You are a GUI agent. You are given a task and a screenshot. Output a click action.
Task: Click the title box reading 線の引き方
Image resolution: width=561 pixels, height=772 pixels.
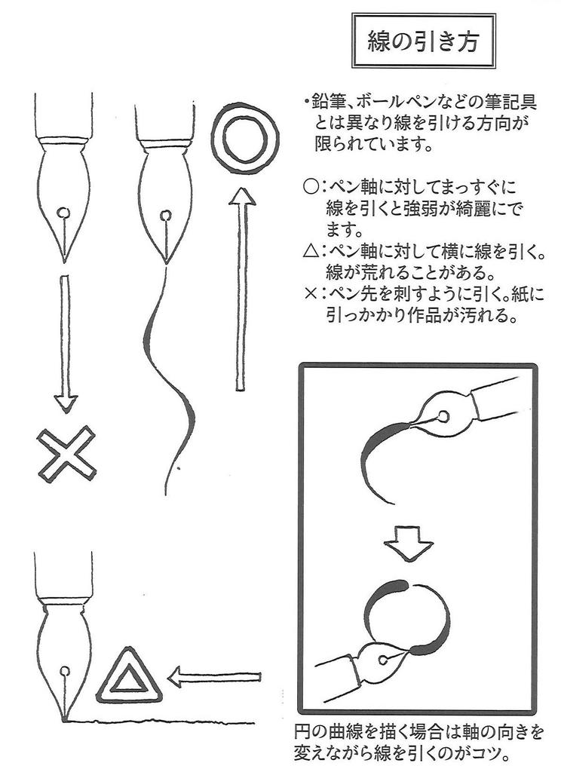[x=425, y=41]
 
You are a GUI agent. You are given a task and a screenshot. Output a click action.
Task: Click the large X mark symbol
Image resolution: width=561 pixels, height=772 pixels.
[x=67, y=454]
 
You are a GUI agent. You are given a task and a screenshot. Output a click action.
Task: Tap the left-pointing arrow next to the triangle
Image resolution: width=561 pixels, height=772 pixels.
[x=215, y=676]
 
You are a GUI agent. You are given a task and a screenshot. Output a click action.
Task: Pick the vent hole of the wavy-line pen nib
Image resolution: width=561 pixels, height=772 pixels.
[x=166, y=216]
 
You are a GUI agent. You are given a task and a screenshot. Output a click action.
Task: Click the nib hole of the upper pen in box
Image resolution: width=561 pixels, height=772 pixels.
[x=443, y=415]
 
